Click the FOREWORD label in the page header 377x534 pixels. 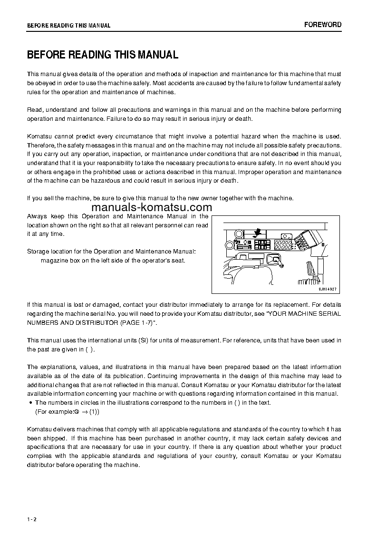(323, 25)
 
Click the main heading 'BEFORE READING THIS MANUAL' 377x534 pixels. (103, 55)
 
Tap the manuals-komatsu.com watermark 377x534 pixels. (151, 208)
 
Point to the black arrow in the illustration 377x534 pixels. (257, 232)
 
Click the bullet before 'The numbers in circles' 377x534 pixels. (30, 403)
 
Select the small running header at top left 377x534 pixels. (68, 26)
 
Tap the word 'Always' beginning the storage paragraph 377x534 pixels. (37, 216)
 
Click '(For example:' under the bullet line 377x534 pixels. (54, 412)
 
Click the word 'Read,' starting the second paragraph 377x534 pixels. (36, 110)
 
